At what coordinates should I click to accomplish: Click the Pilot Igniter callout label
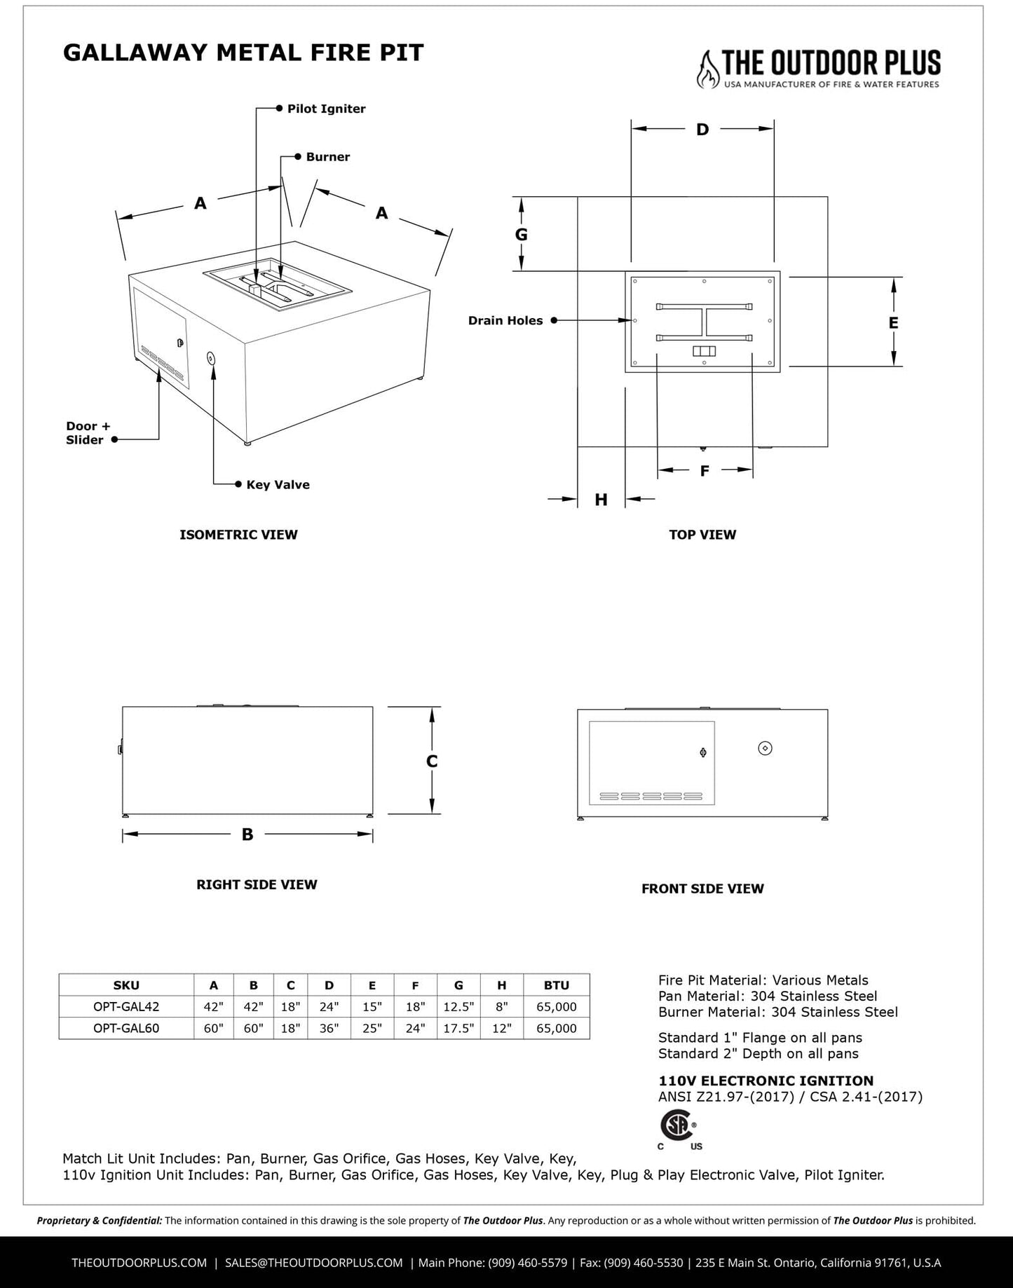point(326,109)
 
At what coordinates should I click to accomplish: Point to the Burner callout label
point(327,157)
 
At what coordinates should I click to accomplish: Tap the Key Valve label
point(278,485)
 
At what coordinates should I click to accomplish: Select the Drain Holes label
point(505,321)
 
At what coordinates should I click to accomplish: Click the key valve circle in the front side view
point(766,748)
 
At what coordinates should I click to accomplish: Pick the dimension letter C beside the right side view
point(432,762)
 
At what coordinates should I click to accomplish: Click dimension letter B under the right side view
point(247,835)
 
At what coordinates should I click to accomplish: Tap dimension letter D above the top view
point(702,130)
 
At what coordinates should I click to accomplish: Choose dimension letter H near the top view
point(601,500)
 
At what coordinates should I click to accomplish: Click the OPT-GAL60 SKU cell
point(126,1029)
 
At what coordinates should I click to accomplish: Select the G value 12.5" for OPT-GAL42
point(458,1007)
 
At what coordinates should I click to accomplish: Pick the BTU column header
point(557,985)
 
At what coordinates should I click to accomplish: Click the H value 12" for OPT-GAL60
point(502,1029)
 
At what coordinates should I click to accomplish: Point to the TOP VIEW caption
point(702,535)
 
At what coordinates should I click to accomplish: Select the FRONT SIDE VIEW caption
point(702,889)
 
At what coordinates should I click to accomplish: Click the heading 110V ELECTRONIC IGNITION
point(766,1081)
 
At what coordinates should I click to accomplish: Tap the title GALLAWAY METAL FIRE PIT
point(243,53)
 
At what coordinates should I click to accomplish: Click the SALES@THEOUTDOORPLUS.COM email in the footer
point(313,1263)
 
